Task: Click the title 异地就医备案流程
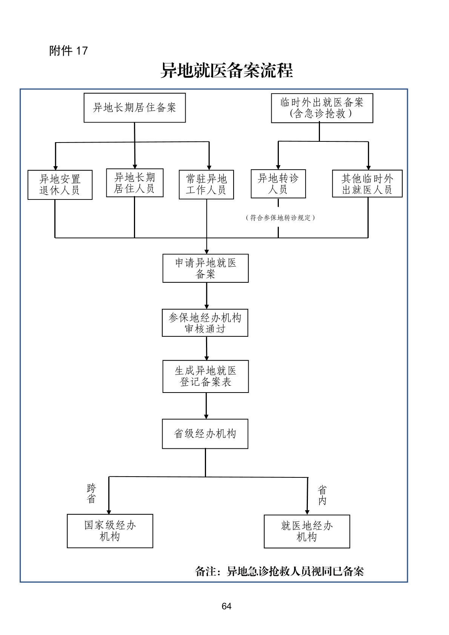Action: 226,71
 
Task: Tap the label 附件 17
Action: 68,51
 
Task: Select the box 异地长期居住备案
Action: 135,108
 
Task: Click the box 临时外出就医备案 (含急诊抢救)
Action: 322,108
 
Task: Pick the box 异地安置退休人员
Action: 60,185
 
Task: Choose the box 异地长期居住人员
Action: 135,183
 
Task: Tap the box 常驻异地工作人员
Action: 206,184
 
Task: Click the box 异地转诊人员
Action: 278,184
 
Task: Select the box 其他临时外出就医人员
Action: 367,184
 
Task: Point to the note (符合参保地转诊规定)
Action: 280,218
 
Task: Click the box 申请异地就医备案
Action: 206,268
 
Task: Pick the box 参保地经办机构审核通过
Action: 205,323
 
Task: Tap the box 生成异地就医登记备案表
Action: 206,376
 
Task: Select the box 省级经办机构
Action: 205,434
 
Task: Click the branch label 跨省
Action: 91,494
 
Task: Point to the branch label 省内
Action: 322,495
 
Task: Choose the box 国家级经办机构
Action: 110,531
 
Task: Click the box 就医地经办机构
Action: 307,531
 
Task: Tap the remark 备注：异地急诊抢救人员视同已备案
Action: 279,571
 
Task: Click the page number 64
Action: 226,606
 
